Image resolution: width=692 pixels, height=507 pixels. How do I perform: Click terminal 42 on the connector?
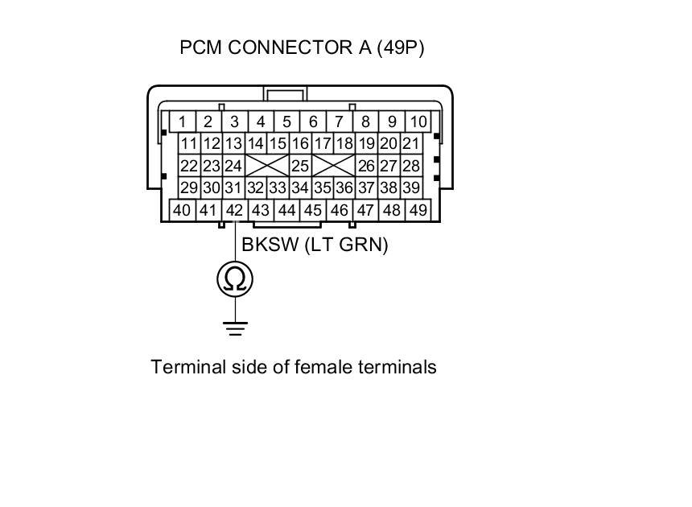point(235,210)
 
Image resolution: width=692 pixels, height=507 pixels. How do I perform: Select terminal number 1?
point(183,122)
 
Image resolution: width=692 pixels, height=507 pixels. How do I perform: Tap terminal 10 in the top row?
point(418,122)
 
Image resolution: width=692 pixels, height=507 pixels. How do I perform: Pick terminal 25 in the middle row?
point(300,167)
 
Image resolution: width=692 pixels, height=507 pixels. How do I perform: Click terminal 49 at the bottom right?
point(418,210)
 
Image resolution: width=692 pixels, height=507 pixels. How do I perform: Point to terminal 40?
point(182,210)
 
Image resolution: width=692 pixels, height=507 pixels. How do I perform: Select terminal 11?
point(189,144)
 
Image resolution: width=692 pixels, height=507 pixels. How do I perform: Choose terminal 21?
point(410,144)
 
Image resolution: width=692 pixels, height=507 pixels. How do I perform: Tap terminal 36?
point(344,188)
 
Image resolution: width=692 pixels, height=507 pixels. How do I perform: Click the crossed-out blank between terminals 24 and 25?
point(267,167)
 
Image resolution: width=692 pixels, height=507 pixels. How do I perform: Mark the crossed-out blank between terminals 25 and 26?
point(333,167)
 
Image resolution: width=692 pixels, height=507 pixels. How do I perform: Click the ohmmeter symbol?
point(235,279)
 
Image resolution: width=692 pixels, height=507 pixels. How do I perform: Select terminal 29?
point(189,188)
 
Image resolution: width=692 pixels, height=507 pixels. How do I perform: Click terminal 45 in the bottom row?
point(313,210)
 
